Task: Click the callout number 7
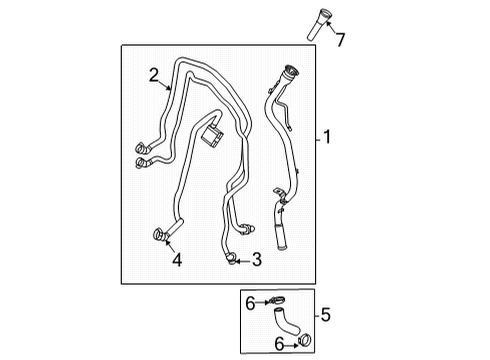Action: [x=340, y=40]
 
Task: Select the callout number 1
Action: [x=327, y=138]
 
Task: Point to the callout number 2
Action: [x=154, y=72]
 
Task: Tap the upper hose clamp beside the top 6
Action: [x=279, y=300]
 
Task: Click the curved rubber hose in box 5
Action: [x=288, y=322]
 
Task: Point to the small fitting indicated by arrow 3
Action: [x=231, y=260]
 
